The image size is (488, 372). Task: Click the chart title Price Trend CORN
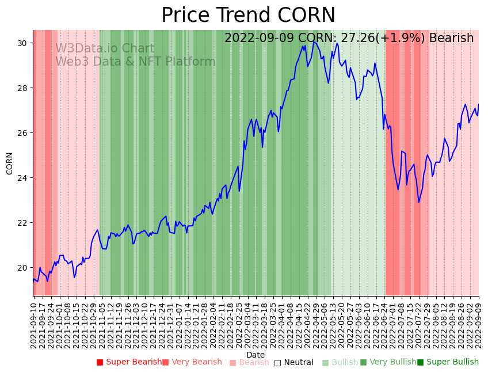pos(248,16)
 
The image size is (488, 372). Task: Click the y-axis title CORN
pos(10,163)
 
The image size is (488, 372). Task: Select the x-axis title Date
pos(256,355)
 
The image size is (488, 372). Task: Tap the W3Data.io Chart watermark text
pos(105,49)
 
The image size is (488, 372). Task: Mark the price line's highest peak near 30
pos(314,41)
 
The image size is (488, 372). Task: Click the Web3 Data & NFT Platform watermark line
pos(135,62)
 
